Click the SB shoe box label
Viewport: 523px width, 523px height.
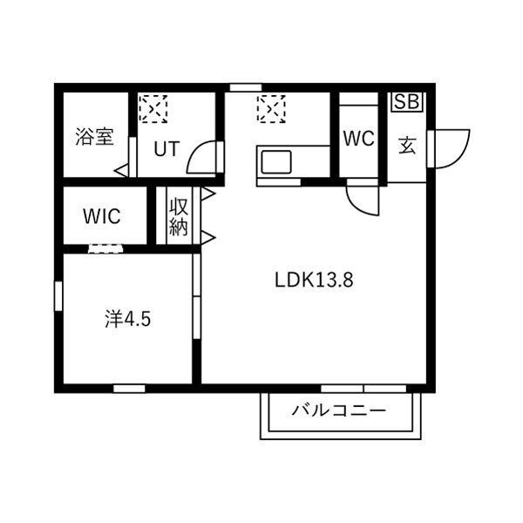point(407,101)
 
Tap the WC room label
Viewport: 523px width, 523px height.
point(359,138)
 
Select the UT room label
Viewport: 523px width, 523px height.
point(166,149)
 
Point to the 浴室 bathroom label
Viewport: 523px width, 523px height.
point(95,137)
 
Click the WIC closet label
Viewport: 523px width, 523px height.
point(102,216)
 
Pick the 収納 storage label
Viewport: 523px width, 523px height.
point(179,217)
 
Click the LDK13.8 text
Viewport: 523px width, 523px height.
point(314,280)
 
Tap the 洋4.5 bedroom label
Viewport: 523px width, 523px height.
point(128,319)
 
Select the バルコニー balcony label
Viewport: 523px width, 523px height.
point(339,410)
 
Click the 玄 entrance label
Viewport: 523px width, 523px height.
point(407,146)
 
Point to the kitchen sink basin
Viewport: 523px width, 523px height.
point(276,162)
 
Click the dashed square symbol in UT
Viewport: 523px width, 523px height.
point(153,109)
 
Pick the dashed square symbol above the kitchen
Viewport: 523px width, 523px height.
point(271,109)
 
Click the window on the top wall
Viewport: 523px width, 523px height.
point(246,87)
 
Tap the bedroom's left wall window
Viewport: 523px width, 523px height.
point(58,296)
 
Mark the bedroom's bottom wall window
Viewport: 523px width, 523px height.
point(129,389)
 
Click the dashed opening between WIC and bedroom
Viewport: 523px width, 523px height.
point(105,248)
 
